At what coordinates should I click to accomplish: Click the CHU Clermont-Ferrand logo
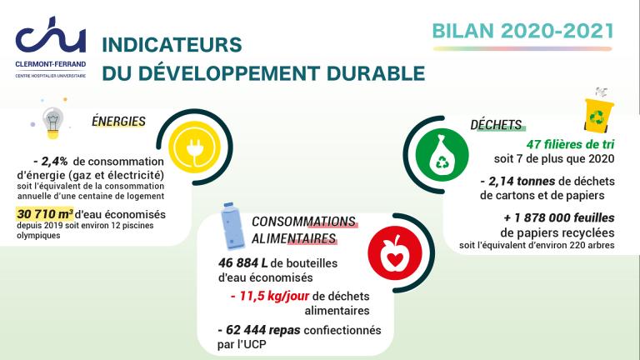click(x=51, y=47)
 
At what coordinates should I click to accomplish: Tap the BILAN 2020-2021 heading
click(x=522, y=31)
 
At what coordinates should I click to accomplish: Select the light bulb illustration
click(x=52, y=122)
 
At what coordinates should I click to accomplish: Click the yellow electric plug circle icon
click(x=194, y=147)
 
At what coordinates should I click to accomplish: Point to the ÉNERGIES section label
click(x=118, y=121)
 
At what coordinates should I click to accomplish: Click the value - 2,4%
click(x=51, y=161)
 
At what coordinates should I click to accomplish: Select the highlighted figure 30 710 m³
click(x=45, y=214)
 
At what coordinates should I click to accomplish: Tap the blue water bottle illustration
click(x=232, y=225)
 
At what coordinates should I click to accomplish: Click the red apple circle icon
click(x=395, y=252)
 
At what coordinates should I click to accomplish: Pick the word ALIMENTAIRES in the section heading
click(x=294, y=238)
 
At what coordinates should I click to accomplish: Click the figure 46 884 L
click(x=242, y=262)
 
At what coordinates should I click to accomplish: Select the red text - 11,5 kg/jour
click(x=270, y=296)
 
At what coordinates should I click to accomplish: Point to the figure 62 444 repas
click(x=259, y=330)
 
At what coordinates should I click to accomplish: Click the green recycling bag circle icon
click(x=442, y=155)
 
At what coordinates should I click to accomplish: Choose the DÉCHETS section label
click(x=496, y=124)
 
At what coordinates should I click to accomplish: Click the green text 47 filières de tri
click(x=570, y=144)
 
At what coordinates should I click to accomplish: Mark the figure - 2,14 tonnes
click(x=517, y=181)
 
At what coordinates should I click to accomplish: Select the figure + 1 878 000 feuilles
click(x=559, y=217)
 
